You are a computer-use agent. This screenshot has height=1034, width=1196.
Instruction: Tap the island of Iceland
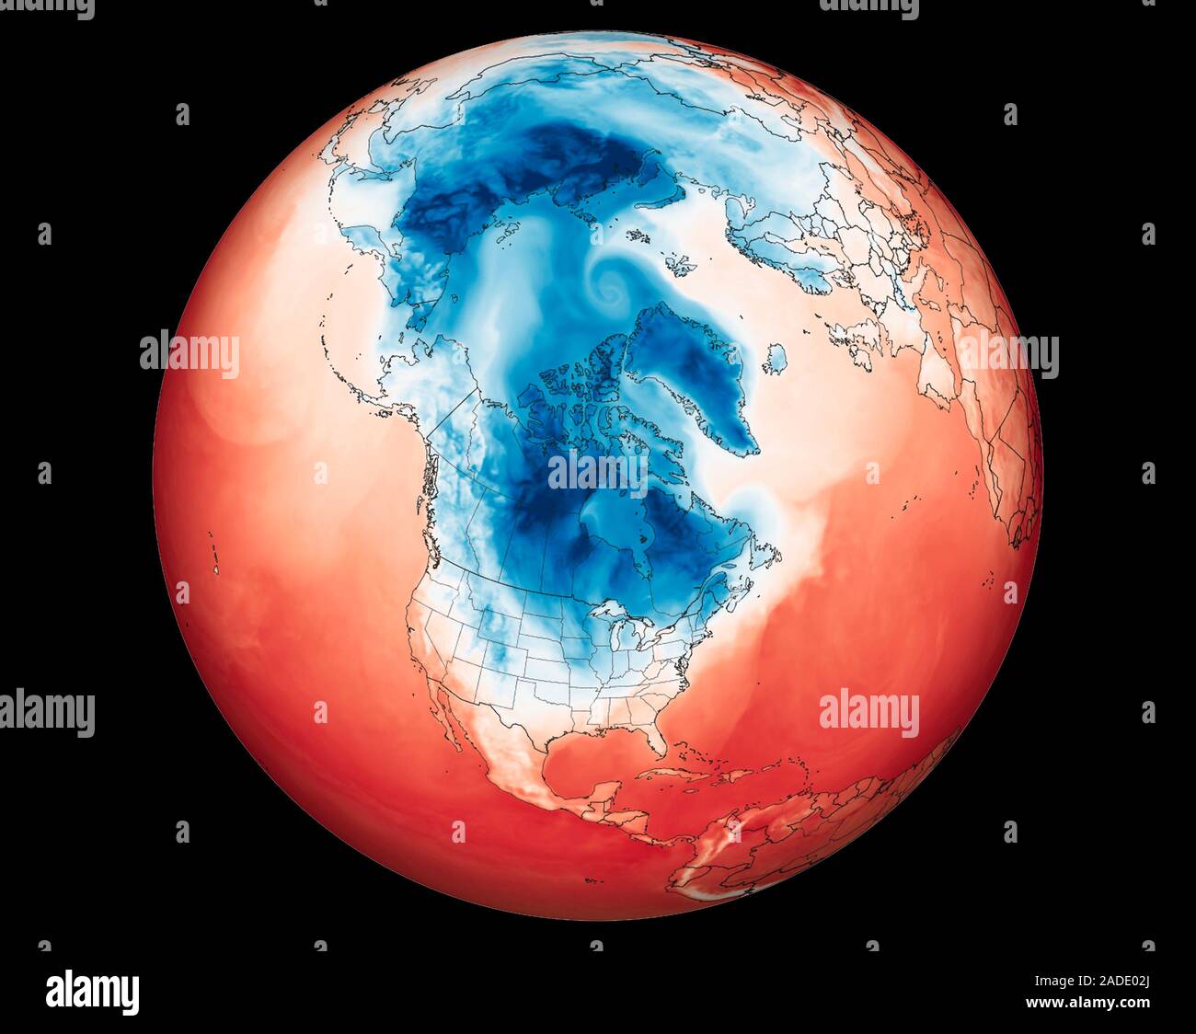tap(776, 355)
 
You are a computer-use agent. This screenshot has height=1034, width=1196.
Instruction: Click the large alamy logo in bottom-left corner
tap(93, 993)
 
